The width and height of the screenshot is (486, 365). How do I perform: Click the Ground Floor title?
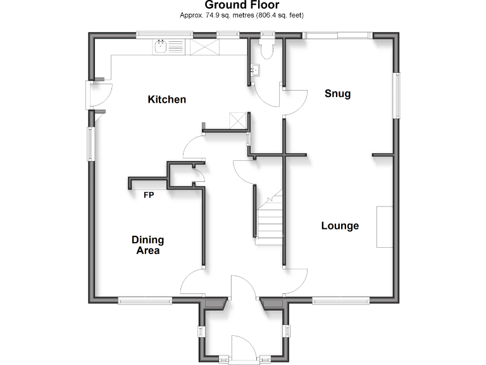[x=242, y=5]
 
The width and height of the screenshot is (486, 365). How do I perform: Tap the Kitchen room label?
[x=167, y=99]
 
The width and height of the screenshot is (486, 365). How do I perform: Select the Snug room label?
[x=337, y=94]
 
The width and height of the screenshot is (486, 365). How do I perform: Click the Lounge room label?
[x=340, y=226]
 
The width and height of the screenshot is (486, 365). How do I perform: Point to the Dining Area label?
[x=147, y=245]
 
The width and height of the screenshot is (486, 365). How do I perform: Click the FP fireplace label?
[x=148, y=195]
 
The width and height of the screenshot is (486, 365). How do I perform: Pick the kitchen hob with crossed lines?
[x=203, y=46]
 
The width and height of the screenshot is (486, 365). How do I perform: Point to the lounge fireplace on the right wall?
[x=384, y=227]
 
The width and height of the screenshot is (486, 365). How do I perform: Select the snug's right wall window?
[x=397, y=95]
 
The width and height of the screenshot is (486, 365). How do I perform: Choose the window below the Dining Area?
[x=144, y=302]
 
